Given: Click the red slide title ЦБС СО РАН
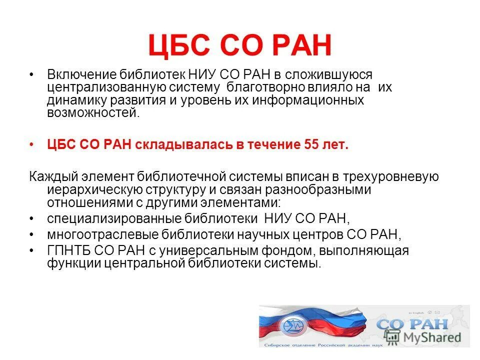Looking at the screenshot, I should tap(239, 46).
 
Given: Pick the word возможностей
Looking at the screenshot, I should tap(91, 112).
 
